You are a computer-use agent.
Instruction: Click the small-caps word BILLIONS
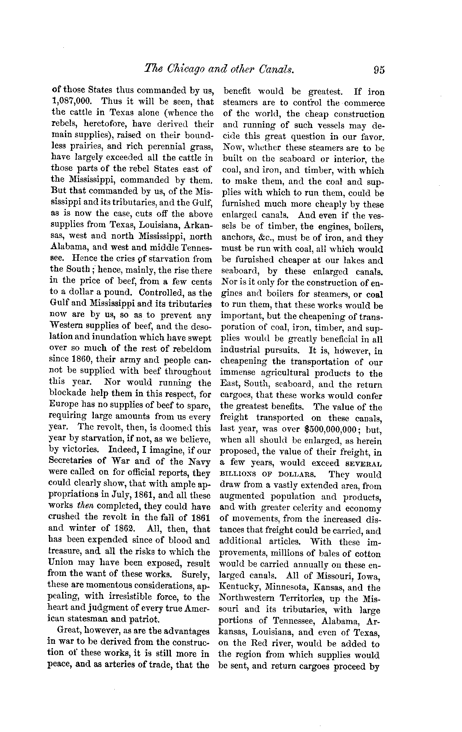coord(237,474)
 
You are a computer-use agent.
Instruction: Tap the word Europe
coord(64,405)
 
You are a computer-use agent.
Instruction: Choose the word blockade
coord(65,393)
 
